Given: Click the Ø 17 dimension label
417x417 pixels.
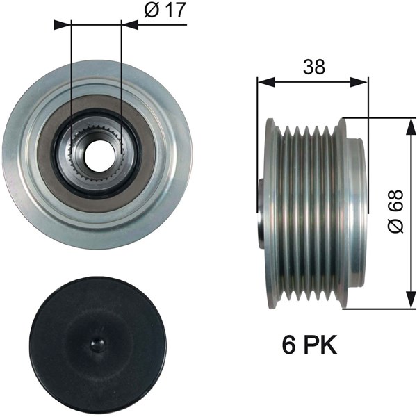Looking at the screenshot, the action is point(165,10).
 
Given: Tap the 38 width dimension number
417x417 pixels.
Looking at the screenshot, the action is point(314,67).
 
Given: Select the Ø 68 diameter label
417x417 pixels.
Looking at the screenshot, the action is point(396,212).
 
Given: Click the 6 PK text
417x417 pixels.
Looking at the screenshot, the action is point(309,345).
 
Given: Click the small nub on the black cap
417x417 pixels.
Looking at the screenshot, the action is point(99,345).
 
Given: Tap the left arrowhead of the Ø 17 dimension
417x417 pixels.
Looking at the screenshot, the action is point(63,25).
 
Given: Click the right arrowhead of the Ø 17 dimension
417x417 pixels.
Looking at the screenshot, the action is point(129,25).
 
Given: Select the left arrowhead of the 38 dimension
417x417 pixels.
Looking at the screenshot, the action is point(266,82).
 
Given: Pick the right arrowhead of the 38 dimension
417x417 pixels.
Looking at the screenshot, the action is point(359,82).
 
